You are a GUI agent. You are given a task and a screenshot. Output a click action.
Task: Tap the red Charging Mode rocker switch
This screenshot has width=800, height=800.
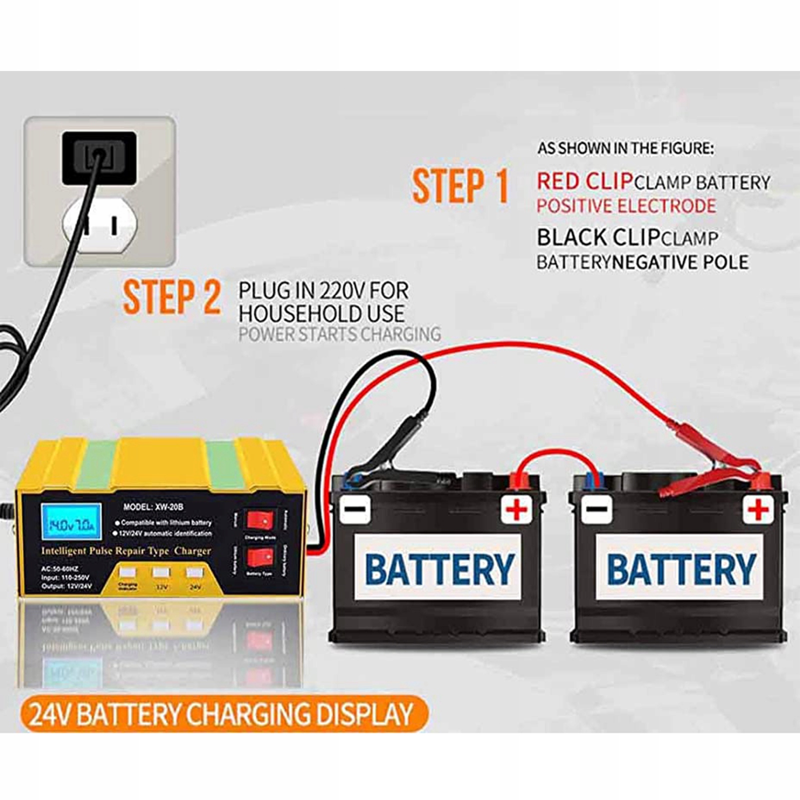point(260,520)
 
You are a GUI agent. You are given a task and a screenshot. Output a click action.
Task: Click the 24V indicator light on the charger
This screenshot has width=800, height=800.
point(194,572)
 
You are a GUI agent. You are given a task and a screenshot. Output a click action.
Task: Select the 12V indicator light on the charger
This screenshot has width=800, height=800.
point(161,572)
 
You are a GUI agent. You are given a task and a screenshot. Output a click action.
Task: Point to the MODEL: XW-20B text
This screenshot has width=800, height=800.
point(153,506)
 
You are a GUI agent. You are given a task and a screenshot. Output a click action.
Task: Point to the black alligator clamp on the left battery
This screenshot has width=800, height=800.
point(395,445)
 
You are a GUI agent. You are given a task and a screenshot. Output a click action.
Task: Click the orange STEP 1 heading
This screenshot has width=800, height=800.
point(460,186)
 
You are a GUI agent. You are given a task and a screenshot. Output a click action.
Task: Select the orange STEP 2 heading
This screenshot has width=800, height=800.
point(171,297)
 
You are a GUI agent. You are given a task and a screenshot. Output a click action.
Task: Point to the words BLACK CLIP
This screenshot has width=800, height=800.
point(598,237)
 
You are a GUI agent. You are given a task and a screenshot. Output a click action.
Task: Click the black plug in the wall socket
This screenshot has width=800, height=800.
point(99,156)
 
